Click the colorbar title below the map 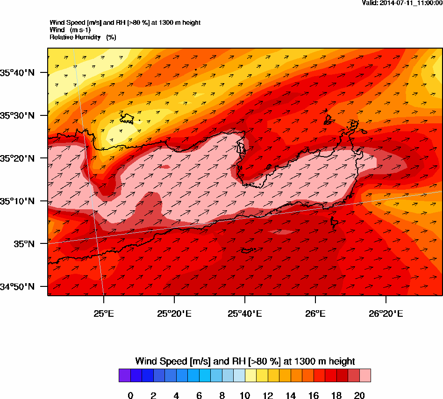(245, 361)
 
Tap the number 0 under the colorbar (130, 396)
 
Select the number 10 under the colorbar (245, 396)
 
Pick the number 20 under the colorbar (359, 396)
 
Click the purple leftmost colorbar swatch (125, 376)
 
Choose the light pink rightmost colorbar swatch (365, 376)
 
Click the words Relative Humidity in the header (75, 37)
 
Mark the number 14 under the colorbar (291, 396)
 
